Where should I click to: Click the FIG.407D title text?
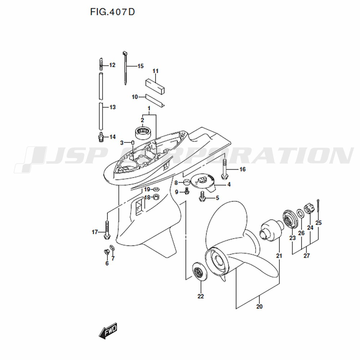coord(112,12)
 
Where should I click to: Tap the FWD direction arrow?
coord(108,330)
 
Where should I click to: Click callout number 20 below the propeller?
coord(259,306)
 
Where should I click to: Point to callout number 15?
coord(140,66)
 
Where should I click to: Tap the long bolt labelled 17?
coord(107,230)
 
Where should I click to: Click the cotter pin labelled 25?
coord(319,206)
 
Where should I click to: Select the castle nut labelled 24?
coord(309,209)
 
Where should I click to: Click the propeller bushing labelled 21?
coord(271,230)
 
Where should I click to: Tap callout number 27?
coord(307,255)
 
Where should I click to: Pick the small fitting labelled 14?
coord(100,137)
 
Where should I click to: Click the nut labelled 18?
coord(156,197)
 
